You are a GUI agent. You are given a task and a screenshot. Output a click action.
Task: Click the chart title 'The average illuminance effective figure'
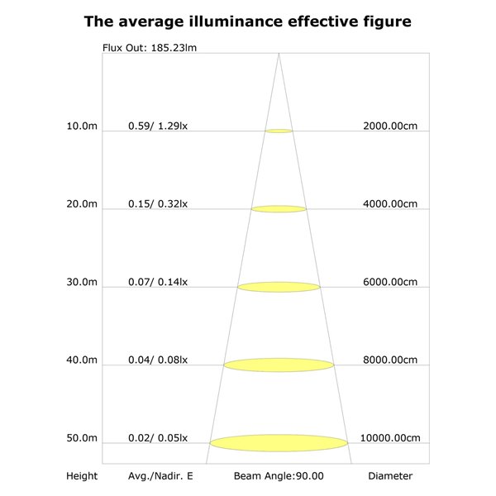click(x=248, y=22)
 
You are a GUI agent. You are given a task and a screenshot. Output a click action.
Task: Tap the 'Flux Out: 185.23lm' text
click(x=150, y=48)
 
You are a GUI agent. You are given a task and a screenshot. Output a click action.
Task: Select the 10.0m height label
click(x=82, y=126)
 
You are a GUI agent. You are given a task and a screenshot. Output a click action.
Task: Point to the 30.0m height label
click(x=82, y=282)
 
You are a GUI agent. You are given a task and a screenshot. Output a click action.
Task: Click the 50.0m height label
click(x=82, y=438)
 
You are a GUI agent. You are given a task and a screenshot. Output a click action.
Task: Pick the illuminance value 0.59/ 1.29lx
click(x=158, y=126)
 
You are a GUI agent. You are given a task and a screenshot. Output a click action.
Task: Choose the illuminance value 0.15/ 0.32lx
click(x=158, y=204)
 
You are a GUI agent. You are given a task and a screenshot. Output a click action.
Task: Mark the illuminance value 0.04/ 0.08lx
click(x=158, y=360)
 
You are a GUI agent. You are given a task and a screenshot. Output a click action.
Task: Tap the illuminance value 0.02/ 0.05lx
click(x=158, y=438)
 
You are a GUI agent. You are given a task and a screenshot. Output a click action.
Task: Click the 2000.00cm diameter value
click(x=390, y=126)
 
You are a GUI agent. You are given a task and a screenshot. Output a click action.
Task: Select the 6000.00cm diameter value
click(x=390, y=282)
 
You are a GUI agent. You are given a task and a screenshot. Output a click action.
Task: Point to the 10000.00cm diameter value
click(x=390, y=438)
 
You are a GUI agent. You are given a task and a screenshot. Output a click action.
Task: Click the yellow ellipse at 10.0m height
click(x=279, y=131)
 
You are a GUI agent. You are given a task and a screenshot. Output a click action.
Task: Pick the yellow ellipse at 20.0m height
click(x=279, y=209)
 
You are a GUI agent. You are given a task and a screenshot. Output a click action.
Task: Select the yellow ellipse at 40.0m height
click(x=279, y=365)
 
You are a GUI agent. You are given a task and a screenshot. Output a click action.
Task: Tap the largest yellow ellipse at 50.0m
click(x=279, y=443)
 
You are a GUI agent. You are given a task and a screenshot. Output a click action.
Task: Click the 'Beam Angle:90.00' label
click(x=279, y=476)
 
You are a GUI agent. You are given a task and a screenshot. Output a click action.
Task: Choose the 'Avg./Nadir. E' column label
click(x=160, y=476)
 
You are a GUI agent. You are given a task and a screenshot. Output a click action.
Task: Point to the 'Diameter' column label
click(x=390, y=476)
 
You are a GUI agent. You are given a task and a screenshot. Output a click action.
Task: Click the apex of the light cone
click(x=279, y=54)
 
